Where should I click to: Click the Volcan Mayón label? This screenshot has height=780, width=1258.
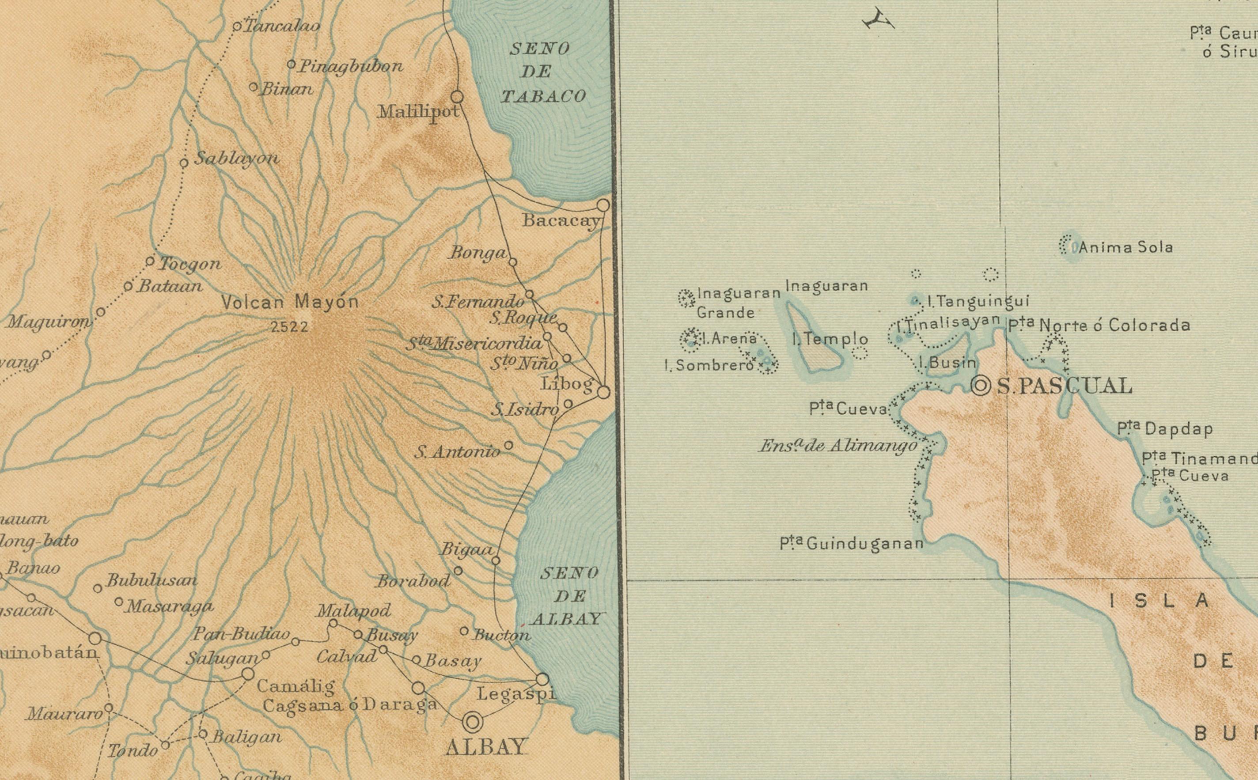pos(290,302)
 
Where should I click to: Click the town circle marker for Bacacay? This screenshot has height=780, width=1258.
pos(603,205)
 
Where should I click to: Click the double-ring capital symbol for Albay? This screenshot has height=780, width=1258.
pos(473,722)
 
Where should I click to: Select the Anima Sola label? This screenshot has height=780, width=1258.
pos(1125,248)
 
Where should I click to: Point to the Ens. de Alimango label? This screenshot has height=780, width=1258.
pos(838,446)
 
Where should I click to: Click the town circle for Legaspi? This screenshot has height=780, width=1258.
pos(542,679)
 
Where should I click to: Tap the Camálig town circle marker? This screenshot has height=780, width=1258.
pos(248,674)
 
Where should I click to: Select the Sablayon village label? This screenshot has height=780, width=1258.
pos(236,159)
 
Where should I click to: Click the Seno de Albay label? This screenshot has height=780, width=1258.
pos(569,596)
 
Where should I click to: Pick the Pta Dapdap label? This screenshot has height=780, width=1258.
pos(1165,429)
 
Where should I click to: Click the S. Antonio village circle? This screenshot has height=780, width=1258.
pos(508,445)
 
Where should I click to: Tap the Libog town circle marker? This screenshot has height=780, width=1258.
pos(603,392)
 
